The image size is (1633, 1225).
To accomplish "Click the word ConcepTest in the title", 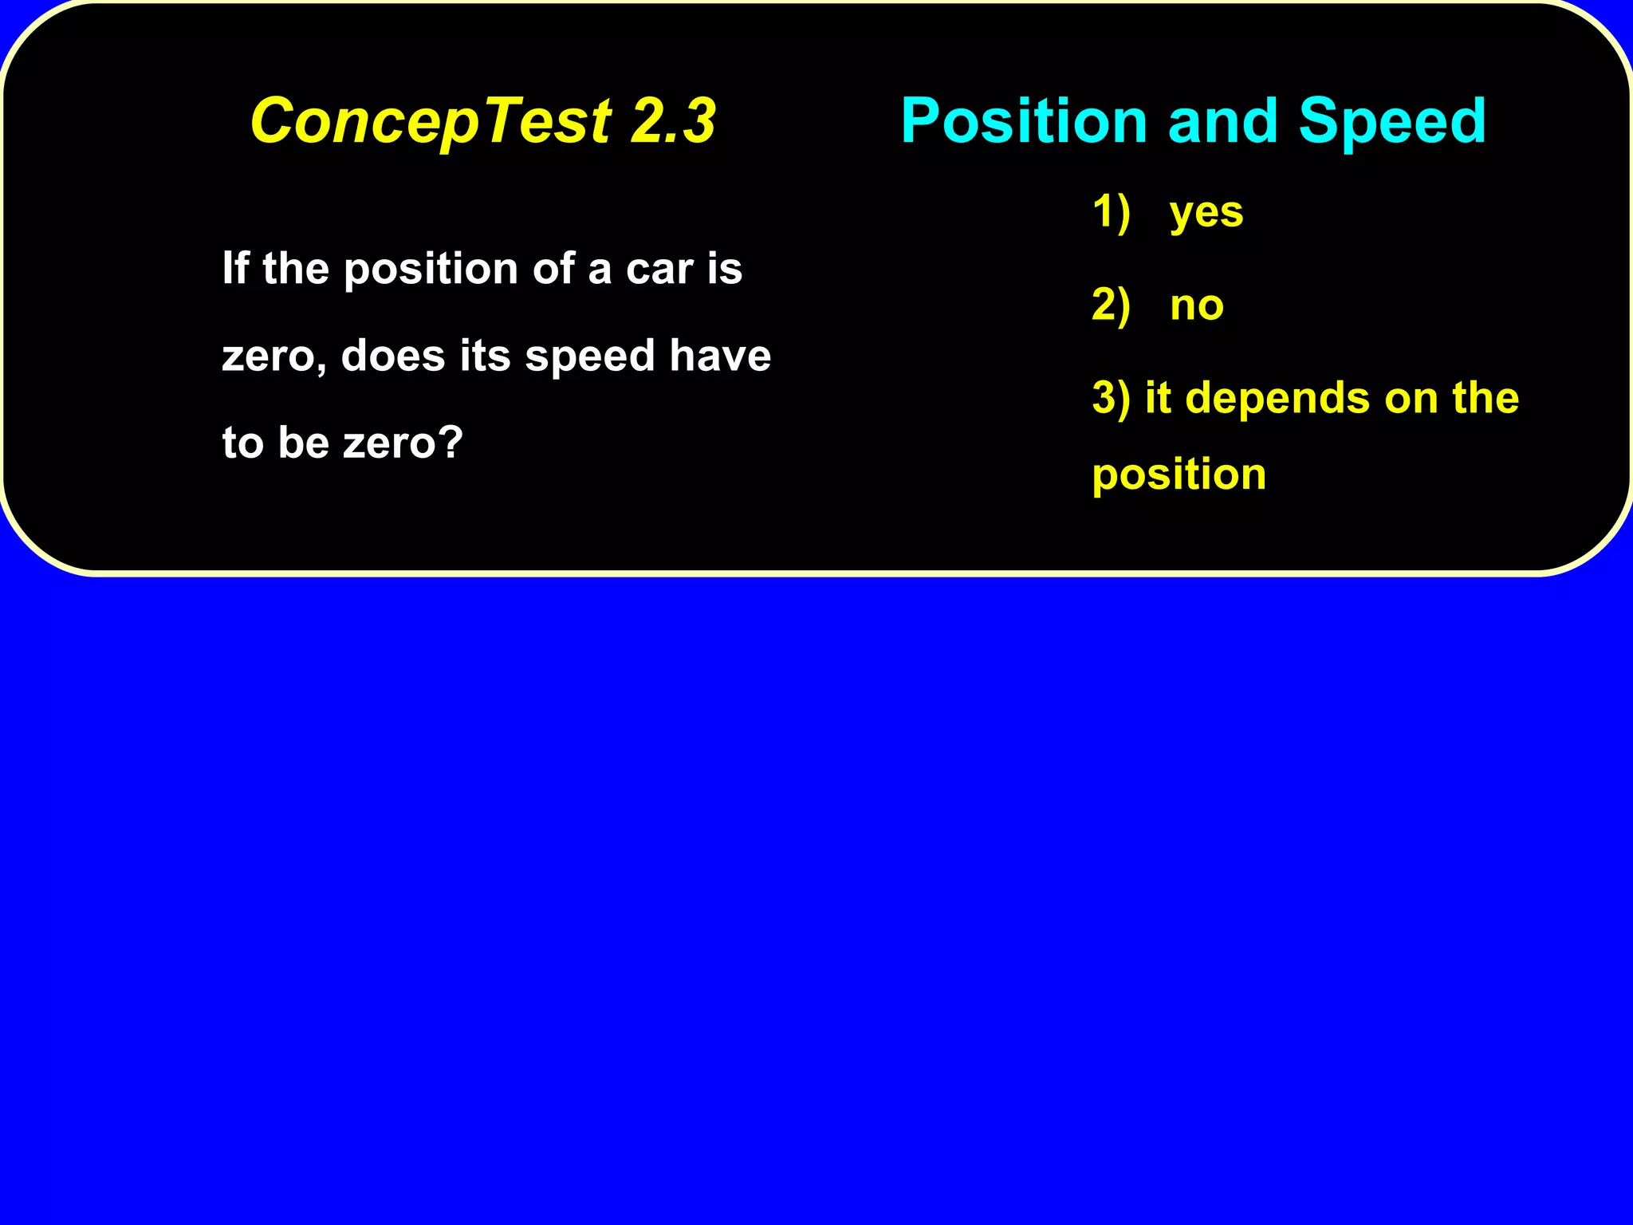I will [431, 121].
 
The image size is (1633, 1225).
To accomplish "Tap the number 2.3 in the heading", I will [674, 121].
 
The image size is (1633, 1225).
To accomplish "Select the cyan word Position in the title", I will [1023, 121].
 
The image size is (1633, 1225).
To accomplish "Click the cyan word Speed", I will [1391, 121].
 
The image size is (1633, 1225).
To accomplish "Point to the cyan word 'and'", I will [1222, 121].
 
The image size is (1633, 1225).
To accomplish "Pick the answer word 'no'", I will [1196, 305].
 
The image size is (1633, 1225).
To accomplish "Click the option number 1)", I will [1111, 212].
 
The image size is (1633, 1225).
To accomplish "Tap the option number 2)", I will [1111, 305].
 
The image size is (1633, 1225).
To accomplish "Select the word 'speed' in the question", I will [589, 357].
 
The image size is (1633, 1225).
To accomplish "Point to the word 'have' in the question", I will [720, 356].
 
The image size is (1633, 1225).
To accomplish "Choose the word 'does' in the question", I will [392, 356].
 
